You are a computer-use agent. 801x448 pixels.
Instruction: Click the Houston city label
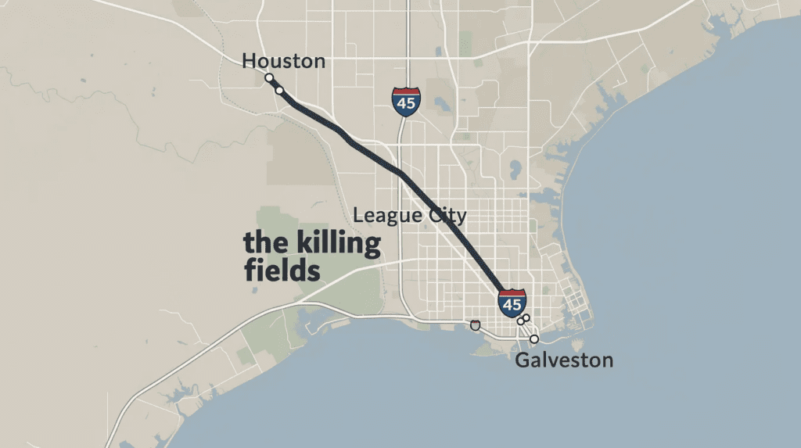pos(283,61)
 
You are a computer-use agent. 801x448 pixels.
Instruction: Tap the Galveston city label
pos(564,360)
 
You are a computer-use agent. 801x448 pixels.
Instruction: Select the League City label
pos(410,215)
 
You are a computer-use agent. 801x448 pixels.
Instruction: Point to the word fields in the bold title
pos(282,271)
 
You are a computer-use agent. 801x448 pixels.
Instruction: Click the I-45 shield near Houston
pos(406,102)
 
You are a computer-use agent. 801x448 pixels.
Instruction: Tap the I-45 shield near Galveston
pos(512,303)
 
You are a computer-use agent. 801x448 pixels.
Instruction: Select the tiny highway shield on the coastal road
pos(475,324)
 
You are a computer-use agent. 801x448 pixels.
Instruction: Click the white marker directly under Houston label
pos(269,78)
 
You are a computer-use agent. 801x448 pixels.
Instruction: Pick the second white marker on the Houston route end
pos(279,91)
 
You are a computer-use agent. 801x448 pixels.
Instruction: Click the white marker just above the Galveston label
pos(534,339)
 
